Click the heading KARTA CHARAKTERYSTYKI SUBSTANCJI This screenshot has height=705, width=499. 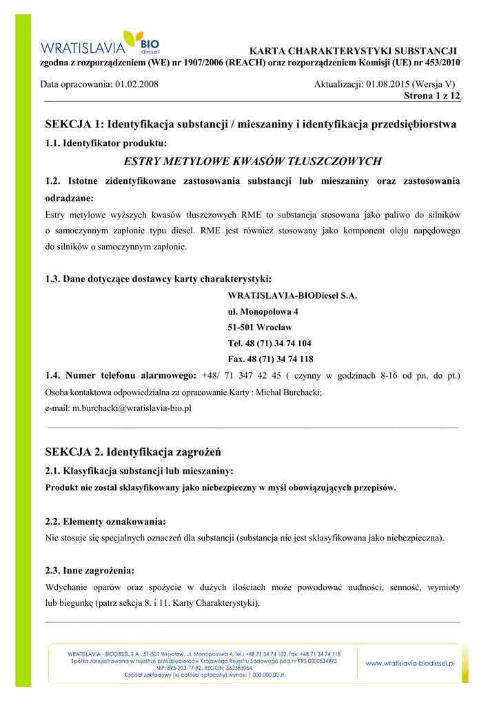point(353,51)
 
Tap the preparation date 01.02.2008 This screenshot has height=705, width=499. point(136,84)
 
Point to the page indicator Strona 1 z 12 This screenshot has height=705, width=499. point(431,96)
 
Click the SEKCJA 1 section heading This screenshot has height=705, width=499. point(250,125)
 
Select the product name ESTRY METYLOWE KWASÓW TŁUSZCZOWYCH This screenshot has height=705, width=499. point(252,162)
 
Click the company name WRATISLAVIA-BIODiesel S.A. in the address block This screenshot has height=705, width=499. point(292,295)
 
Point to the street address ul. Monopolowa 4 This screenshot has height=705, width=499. point(263,311)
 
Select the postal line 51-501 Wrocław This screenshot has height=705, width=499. point(260,327)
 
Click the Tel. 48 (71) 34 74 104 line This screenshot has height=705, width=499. point(269,343)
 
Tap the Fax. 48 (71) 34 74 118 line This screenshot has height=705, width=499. point(270,359)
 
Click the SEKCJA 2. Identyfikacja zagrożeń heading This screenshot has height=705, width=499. point(132,452)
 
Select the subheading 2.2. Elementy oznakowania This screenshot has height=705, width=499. point(105,521)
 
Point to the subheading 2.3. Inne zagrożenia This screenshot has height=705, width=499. point(90,571)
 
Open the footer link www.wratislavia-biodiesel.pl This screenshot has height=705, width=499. point(409,663)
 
